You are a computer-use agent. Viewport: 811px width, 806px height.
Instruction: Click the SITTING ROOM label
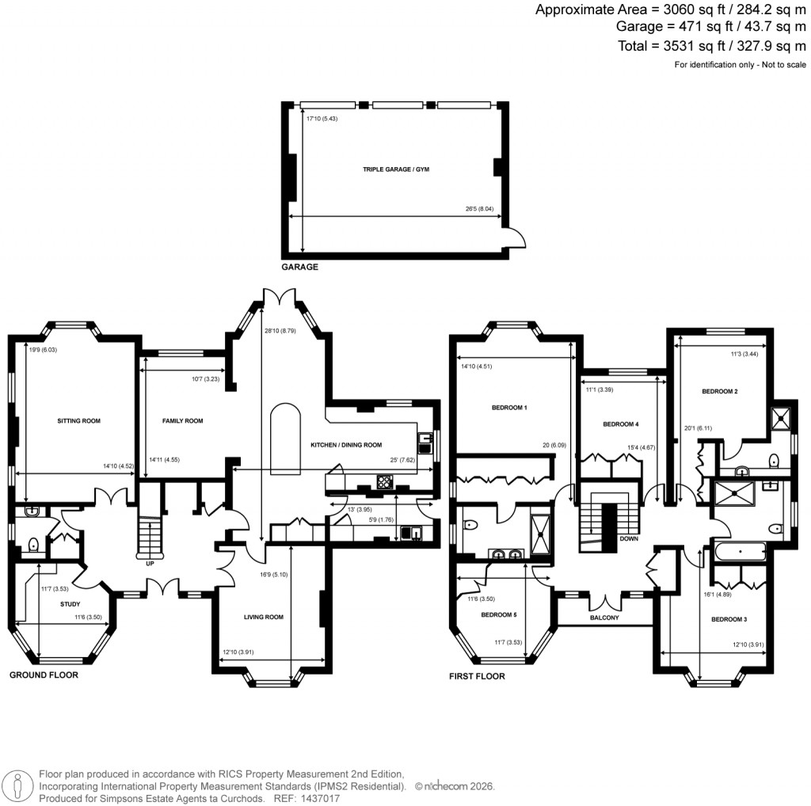click(x=78, y=421)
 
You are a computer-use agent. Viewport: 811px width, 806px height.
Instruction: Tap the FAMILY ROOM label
click(x=183, y=421)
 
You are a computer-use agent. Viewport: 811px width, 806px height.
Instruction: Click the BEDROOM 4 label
click(x=621, y=424)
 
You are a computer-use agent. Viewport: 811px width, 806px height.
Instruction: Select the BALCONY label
click(x=604, y=618)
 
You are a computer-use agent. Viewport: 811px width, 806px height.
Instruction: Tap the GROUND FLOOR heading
click(x=44, y=675)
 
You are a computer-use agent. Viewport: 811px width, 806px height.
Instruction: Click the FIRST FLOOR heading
click(x=477, y=676)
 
